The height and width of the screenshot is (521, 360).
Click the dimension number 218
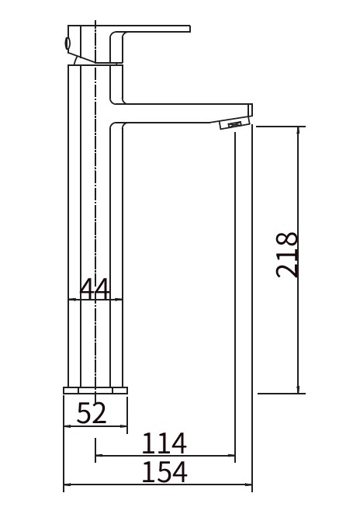pos(287,255)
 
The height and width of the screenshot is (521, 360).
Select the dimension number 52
pos(92,412)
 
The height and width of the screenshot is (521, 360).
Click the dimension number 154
pos(164,472)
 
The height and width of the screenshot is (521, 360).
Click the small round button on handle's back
pos(67,43)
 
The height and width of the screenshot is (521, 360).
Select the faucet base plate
pos(95,391)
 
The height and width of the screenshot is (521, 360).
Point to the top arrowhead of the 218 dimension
pos(298,130)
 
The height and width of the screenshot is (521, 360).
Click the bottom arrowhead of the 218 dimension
pos(298,390)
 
